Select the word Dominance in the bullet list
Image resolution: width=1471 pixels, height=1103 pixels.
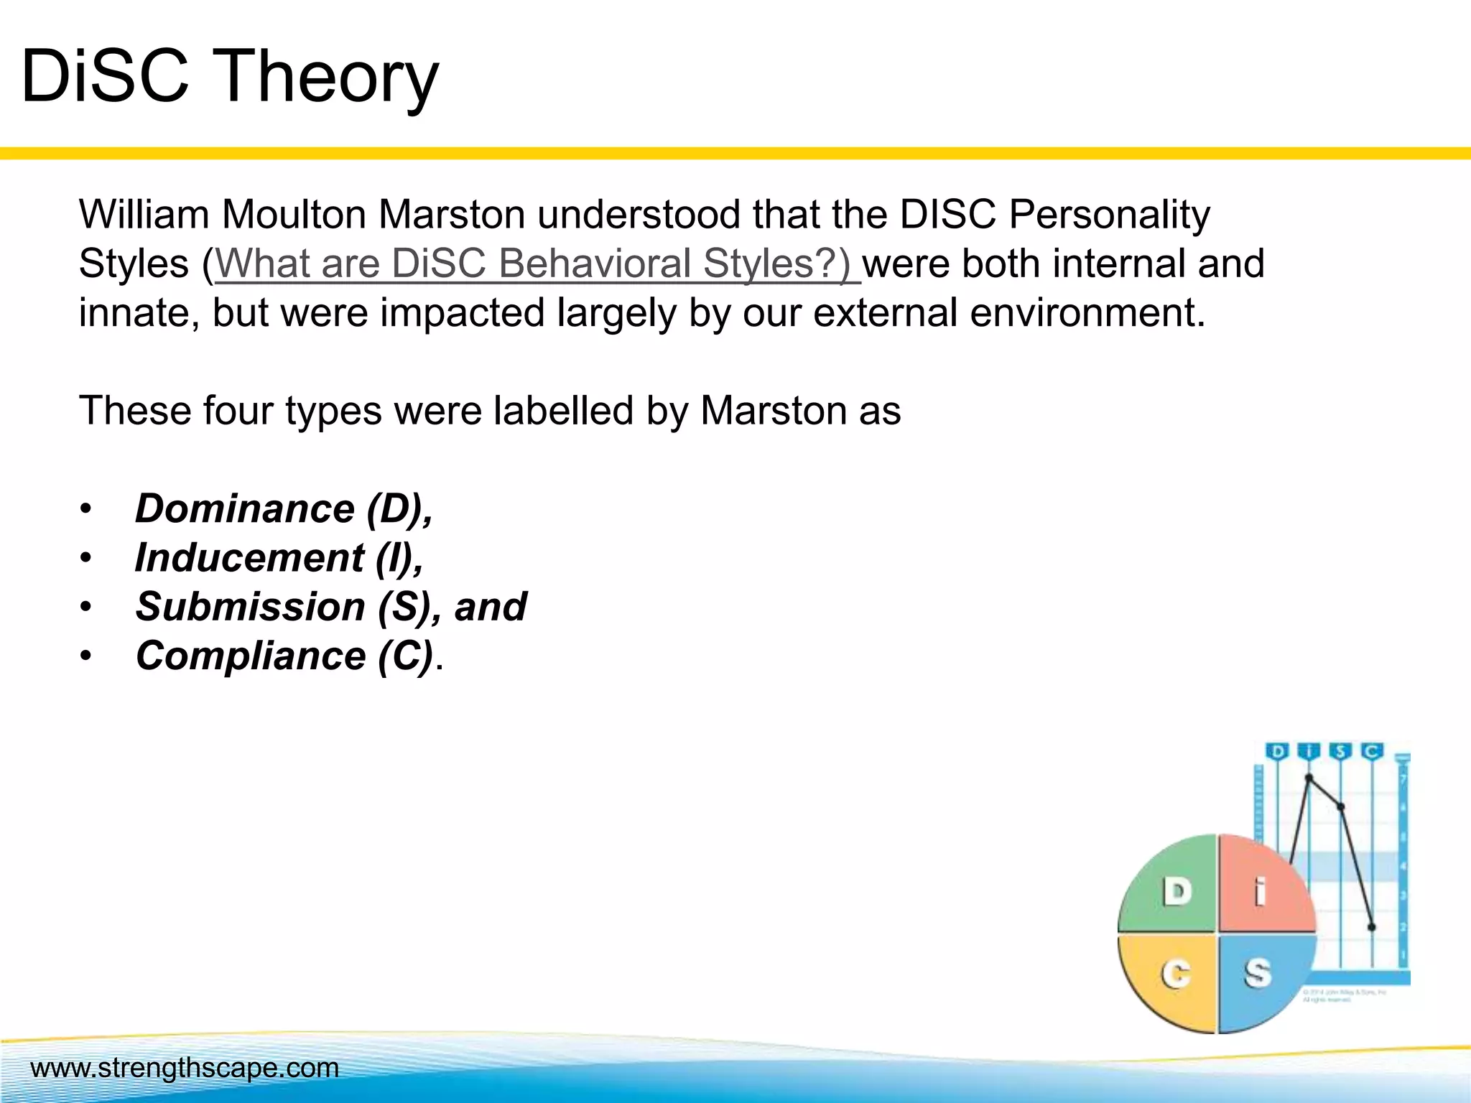coord(245,508)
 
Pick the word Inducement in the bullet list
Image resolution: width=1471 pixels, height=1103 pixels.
coord(250,558)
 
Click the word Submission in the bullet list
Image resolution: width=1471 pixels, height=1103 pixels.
coord(251,607)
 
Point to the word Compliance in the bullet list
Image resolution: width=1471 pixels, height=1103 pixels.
coord(251,656)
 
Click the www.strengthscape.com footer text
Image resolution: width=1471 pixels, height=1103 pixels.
coord(185,1068)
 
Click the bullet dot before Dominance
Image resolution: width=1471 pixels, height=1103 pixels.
coord(86,509)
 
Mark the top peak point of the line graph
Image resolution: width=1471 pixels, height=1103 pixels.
coord(1309,778)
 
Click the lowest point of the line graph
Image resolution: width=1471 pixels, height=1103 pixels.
coord(1371,927)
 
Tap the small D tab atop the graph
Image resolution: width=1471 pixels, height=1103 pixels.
coord(1277,752)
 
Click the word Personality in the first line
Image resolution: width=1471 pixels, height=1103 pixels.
coord(1109,214)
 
